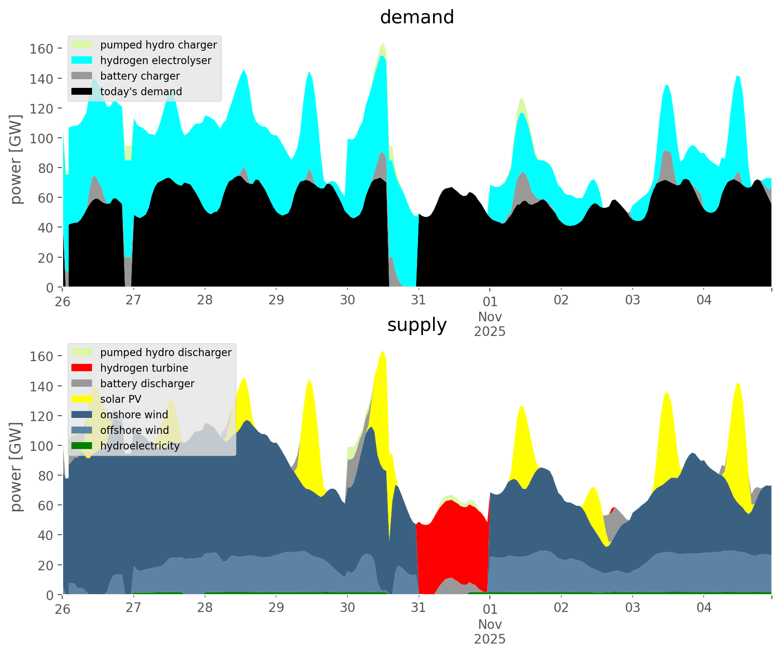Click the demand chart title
pos(417,17)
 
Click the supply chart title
pos(417,325)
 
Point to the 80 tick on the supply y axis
pos(44,476)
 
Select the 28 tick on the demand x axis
pos(205,300)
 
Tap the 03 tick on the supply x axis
pos(632,608)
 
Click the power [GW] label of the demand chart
pos(16,159)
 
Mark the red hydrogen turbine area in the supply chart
pos(453,540)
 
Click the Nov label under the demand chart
pos(489,317)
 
